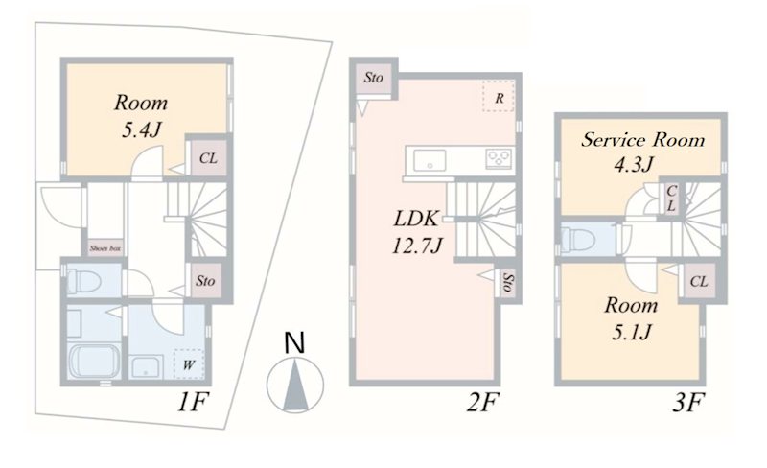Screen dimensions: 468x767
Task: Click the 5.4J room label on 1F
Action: [x=141, y=115]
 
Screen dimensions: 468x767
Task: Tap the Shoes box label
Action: [x=105, y=247]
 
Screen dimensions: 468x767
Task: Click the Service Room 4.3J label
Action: [x=643, y=150]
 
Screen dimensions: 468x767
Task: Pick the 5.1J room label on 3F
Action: [x=629, y=319]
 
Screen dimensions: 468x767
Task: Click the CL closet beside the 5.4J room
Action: [x=207, y=157]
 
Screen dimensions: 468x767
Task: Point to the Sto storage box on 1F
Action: [x=205, y=281]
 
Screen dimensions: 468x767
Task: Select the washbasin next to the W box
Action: [x=146, y=365]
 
